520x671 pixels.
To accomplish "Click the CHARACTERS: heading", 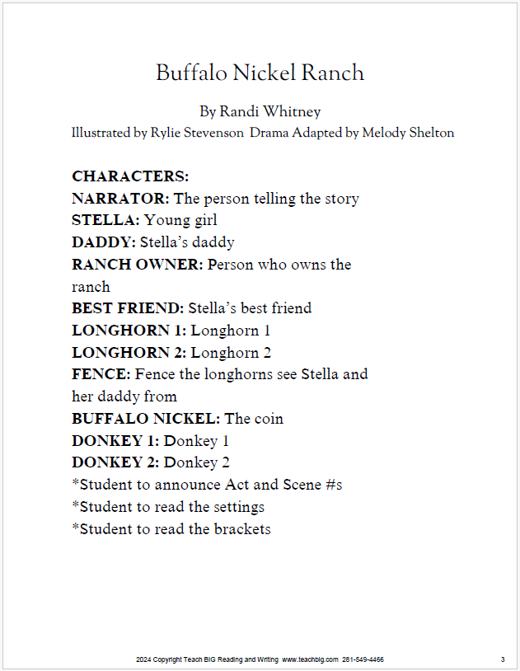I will pos(130,176).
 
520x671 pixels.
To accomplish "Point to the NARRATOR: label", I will pos(120,199).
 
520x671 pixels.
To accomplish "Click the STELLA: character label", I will pos(105,221).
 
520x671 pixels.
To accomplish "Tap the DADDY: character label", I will pos(104,242).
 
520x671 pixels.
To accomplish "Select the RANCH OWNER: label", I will pos(138,265).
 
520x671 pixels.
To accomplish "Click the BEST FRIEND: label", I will pos(128,308).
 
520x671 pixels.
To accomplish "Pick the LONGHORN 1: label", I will pos(129,331).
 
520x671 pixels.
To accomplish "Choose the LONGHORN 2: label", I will pos(129,353).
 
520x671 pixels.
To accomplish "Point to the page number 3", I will pos(502,660).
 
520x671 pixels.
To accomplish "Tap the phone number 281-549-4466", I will pos(363,660).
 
